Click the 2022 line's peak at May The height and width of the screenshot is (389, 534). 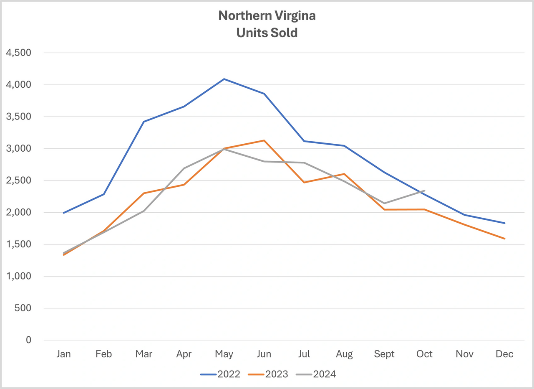[224, 79]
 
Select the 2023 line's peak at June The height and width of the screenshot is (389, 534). [264, 140]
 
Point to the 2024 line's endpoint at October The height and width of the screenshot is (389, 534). [424, 191]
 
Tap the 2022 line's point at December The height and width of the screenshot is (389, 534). [505, 223]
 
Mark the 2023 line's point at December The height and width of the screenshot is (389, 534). [505, 239]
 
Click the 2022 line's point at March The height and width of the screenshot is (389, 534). [144, 122]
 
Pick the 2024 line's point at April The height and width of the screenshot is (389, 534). [184, 168]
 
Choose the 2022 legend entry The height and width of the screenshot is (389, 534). [221, 374]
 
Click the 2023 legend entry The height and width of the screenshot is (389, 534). [269, 374]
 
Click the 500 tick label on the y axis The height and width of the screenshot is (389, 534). [23, 308]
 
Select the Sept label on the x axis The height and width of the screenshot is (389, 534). [384, 354]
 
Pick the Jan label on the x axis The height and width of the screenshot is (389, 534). [63, 354]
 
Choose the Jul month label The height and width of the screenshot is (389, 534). [304, 354]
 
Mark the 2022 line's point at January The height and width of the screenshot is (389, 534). [63, 213]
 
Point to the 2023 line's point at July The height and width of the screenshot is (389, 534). [304, 183]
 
